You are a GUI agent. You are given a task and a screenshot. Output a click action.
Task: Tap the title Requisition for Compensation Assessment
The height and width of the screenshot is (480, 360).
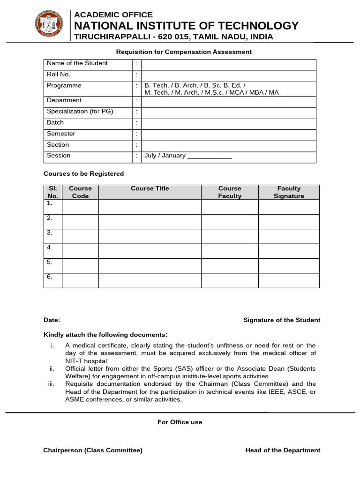184,52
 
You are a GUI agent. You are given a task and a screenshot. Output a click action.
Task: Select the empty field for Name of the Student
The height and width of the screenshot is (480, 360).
228,65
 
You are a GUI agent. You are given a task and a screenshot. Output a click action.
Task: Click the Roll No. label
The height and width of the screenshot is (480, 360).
58,74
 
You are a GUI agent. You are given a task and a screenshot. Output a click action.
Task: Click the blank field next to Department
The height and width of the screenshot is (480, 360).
228,102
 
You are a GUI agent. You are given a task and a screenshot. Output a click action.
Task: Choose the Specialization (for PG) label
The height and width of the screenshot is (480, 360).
80,112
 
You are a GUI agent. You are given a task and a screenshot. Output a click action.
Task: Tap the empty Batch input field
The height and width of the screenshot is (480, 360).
228,124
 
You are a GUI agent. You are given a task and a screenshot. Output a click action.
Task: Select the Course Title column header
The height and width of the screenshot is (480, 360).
150,188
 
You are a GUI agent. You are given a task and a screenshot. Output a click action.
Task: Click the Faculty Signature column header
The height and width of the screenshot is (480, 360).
289,192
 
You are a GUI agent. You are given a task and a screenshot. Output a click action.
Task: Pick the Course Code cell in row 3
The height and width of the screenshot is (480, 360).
80,236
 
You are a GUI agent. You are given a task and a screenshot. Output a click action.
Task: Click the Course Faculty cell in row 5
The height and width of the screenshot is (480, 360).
230,265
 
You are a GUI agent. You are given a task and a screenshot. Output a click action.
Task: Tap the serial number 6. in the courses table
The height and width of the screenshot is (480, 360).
49,277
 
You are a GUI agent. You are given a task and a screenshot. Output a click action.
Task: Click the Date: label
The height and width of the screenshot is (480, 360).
52,320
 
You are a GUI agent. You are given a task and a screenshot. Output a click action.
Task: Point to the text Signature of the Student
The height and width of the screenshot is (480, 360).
282,320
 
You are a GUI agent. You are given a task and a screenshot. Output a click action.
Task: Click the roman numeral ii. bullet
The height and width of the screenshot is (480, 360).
52,369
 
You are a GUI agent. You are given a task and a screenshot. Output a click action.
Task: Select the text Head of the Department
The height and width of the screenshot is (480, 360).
283,450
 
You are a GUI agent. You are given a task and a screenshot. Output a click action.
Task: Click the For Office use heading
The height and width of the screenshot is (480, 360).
180,422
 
